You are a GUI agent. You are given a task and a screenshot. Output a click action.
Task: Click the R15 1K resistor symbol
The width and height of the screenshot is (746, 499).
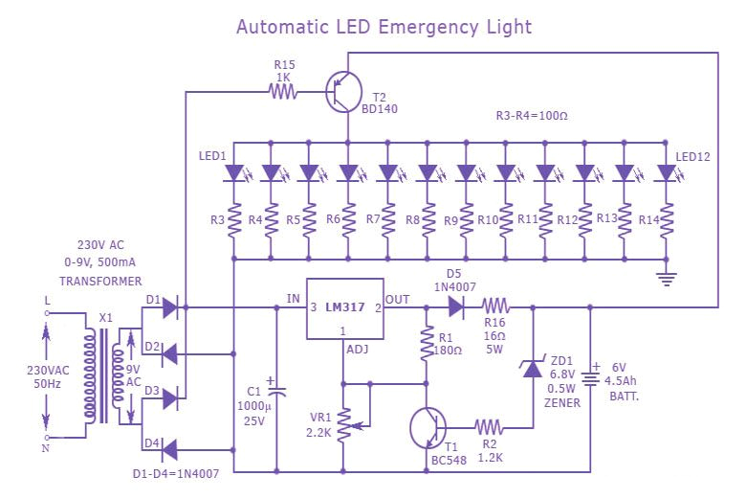click(x=283, y=92)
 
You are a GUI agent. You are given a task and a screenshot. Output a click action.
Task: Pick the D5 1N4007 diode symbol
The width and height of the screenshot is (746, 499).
click(x=454, y=307)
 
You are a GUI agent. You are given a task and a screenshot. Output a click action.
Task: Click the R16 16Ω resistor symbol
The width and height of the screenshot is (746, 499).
click(x=495, y=307)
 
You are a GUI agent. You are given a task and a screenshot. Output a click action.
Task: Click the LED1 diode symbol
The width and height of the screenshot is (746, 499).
click(x=233, y=173)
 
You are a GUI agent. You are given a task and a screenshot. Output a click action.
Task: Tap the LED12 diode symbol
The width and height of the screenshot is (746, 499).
click(x=666, y=173)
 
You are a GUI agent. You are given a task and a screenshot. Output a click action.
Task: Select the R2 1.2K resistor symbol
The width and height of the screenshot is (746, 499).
click(x=488, y=427)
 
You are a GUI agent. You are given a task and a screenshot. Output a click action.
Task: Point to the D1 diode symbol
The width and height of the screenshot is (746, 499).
click(x=169, y=307)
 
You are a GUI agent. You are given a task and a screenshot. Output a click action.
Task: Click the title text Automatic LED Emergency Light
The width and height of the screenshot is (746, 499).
click(x=384, y=27)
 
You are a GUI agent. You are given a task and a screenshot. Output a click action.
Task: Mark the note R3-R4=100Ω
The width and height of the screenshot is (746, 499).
click(x=532, y=116)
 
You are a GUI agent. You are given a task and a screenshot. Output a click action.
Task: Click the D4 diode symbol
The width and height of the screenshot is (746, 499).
click(x=169, y=448)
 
